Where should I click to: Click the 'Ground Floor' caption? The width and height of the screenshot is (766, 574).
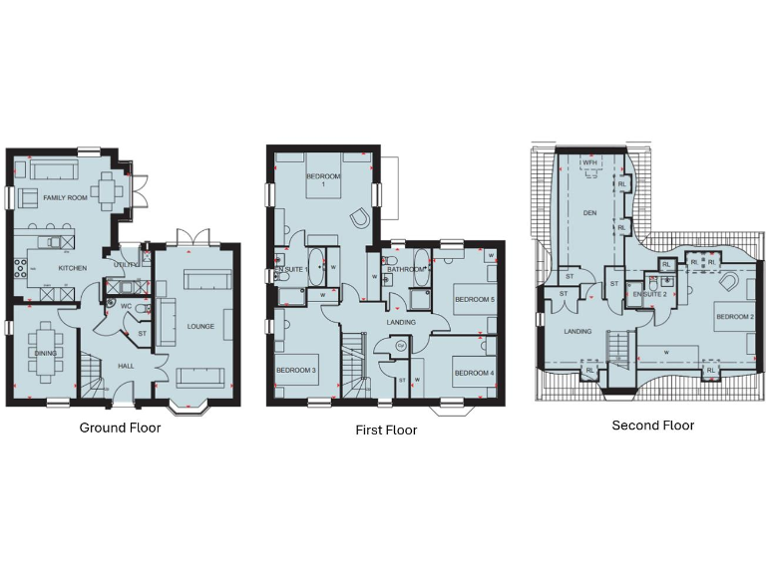120,429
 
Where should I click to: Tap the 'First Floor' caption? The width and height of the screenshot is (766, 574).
386,430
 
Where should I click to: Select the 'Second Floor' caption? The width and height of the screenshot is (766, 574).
653,426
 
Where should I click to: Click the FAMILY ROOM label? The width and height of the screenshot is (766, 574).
65,198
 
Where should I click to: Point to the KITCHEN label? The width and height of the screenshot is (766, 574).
72,268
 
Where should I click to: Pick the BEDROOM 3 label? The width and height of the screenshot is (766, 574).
295,371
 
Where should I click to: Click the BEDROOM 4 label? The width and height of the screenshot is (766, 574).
473,374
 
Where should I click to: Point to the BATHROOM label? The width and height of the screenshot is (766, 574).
407,269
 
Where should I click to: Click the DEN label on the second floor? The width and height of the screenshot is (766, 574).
588,212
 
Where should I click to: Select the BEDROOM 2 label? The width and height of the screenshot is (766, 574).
733,317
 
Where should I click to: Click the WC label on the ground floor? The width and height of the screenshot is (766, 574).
127,306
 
